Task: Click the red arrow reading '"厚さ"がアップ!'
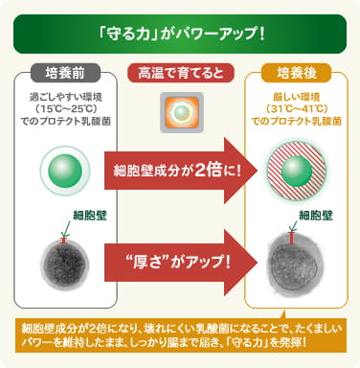click(x=182, y=261)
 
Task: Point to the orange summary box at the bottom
click(x=180, y=335)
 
